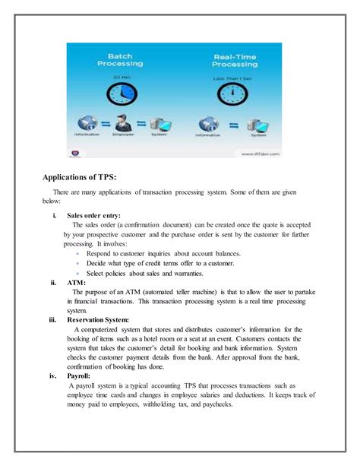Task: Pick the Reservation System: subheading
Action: [98, 319]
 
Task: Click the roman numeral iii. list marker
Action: [52, 319]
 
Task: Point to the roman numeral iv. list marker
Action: [53, 376]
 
